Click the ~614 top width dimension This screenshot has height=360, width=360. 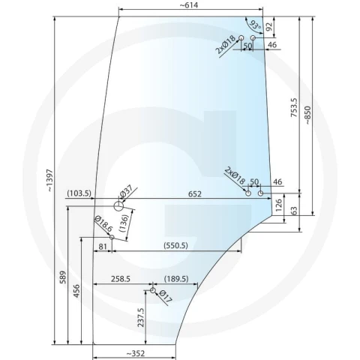coord(189,5)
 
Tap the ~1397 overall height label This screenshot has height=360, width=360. coord(50,181)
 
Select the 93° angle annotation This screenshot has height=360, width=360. coord(256,25)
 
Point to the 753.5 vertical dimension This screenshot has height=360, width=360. coord(294,107)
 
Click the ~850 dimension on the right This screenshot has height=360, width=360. coord(308,115)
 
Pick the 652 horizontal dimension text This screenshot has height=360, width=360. coord(194,194)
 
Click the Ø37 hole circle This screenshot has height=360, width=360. coord(118,206)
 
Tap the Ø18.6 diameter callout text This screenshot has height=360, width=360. coord(103,224)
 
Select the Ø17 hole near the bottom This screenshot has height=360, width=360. coord(153,290)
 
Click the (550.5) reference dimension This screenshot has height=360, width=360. coord(175,245)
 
